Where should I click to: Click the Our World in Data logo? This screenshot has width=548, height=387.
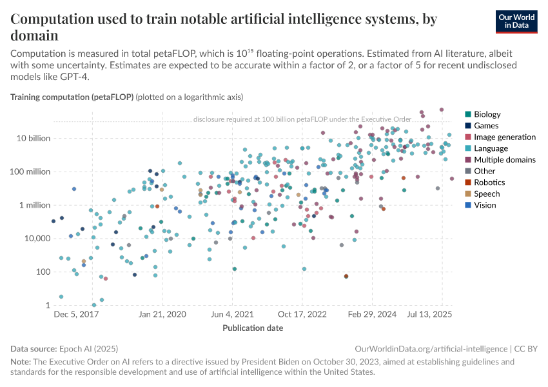click(x=516, y=21)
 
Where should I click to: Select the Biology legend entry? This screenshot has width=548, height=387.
click(x=487, y=115)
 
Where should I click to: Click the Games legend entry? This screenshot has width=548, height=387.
click(x=485, y=126)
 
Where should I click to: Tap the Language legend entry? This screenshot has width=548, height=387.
click(x=491, y=148)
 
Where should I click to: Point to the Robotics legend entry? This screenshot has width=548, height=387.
click(x=489, y=183)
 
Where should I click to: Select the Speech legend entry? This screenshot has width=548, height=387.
click(x=487, y=193)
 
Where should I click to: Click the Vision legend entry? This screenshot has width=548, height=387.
click(x=485, y=205)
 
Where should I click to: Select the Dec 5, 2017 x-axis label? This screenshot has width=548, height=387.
click(x=75, y=315)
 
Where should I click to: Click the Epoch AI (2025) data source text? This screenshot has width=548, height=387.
click(x=87, y=348)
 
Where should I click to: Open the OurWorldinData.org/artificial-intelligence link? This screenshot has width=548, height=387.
click(x=430, y=348)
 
